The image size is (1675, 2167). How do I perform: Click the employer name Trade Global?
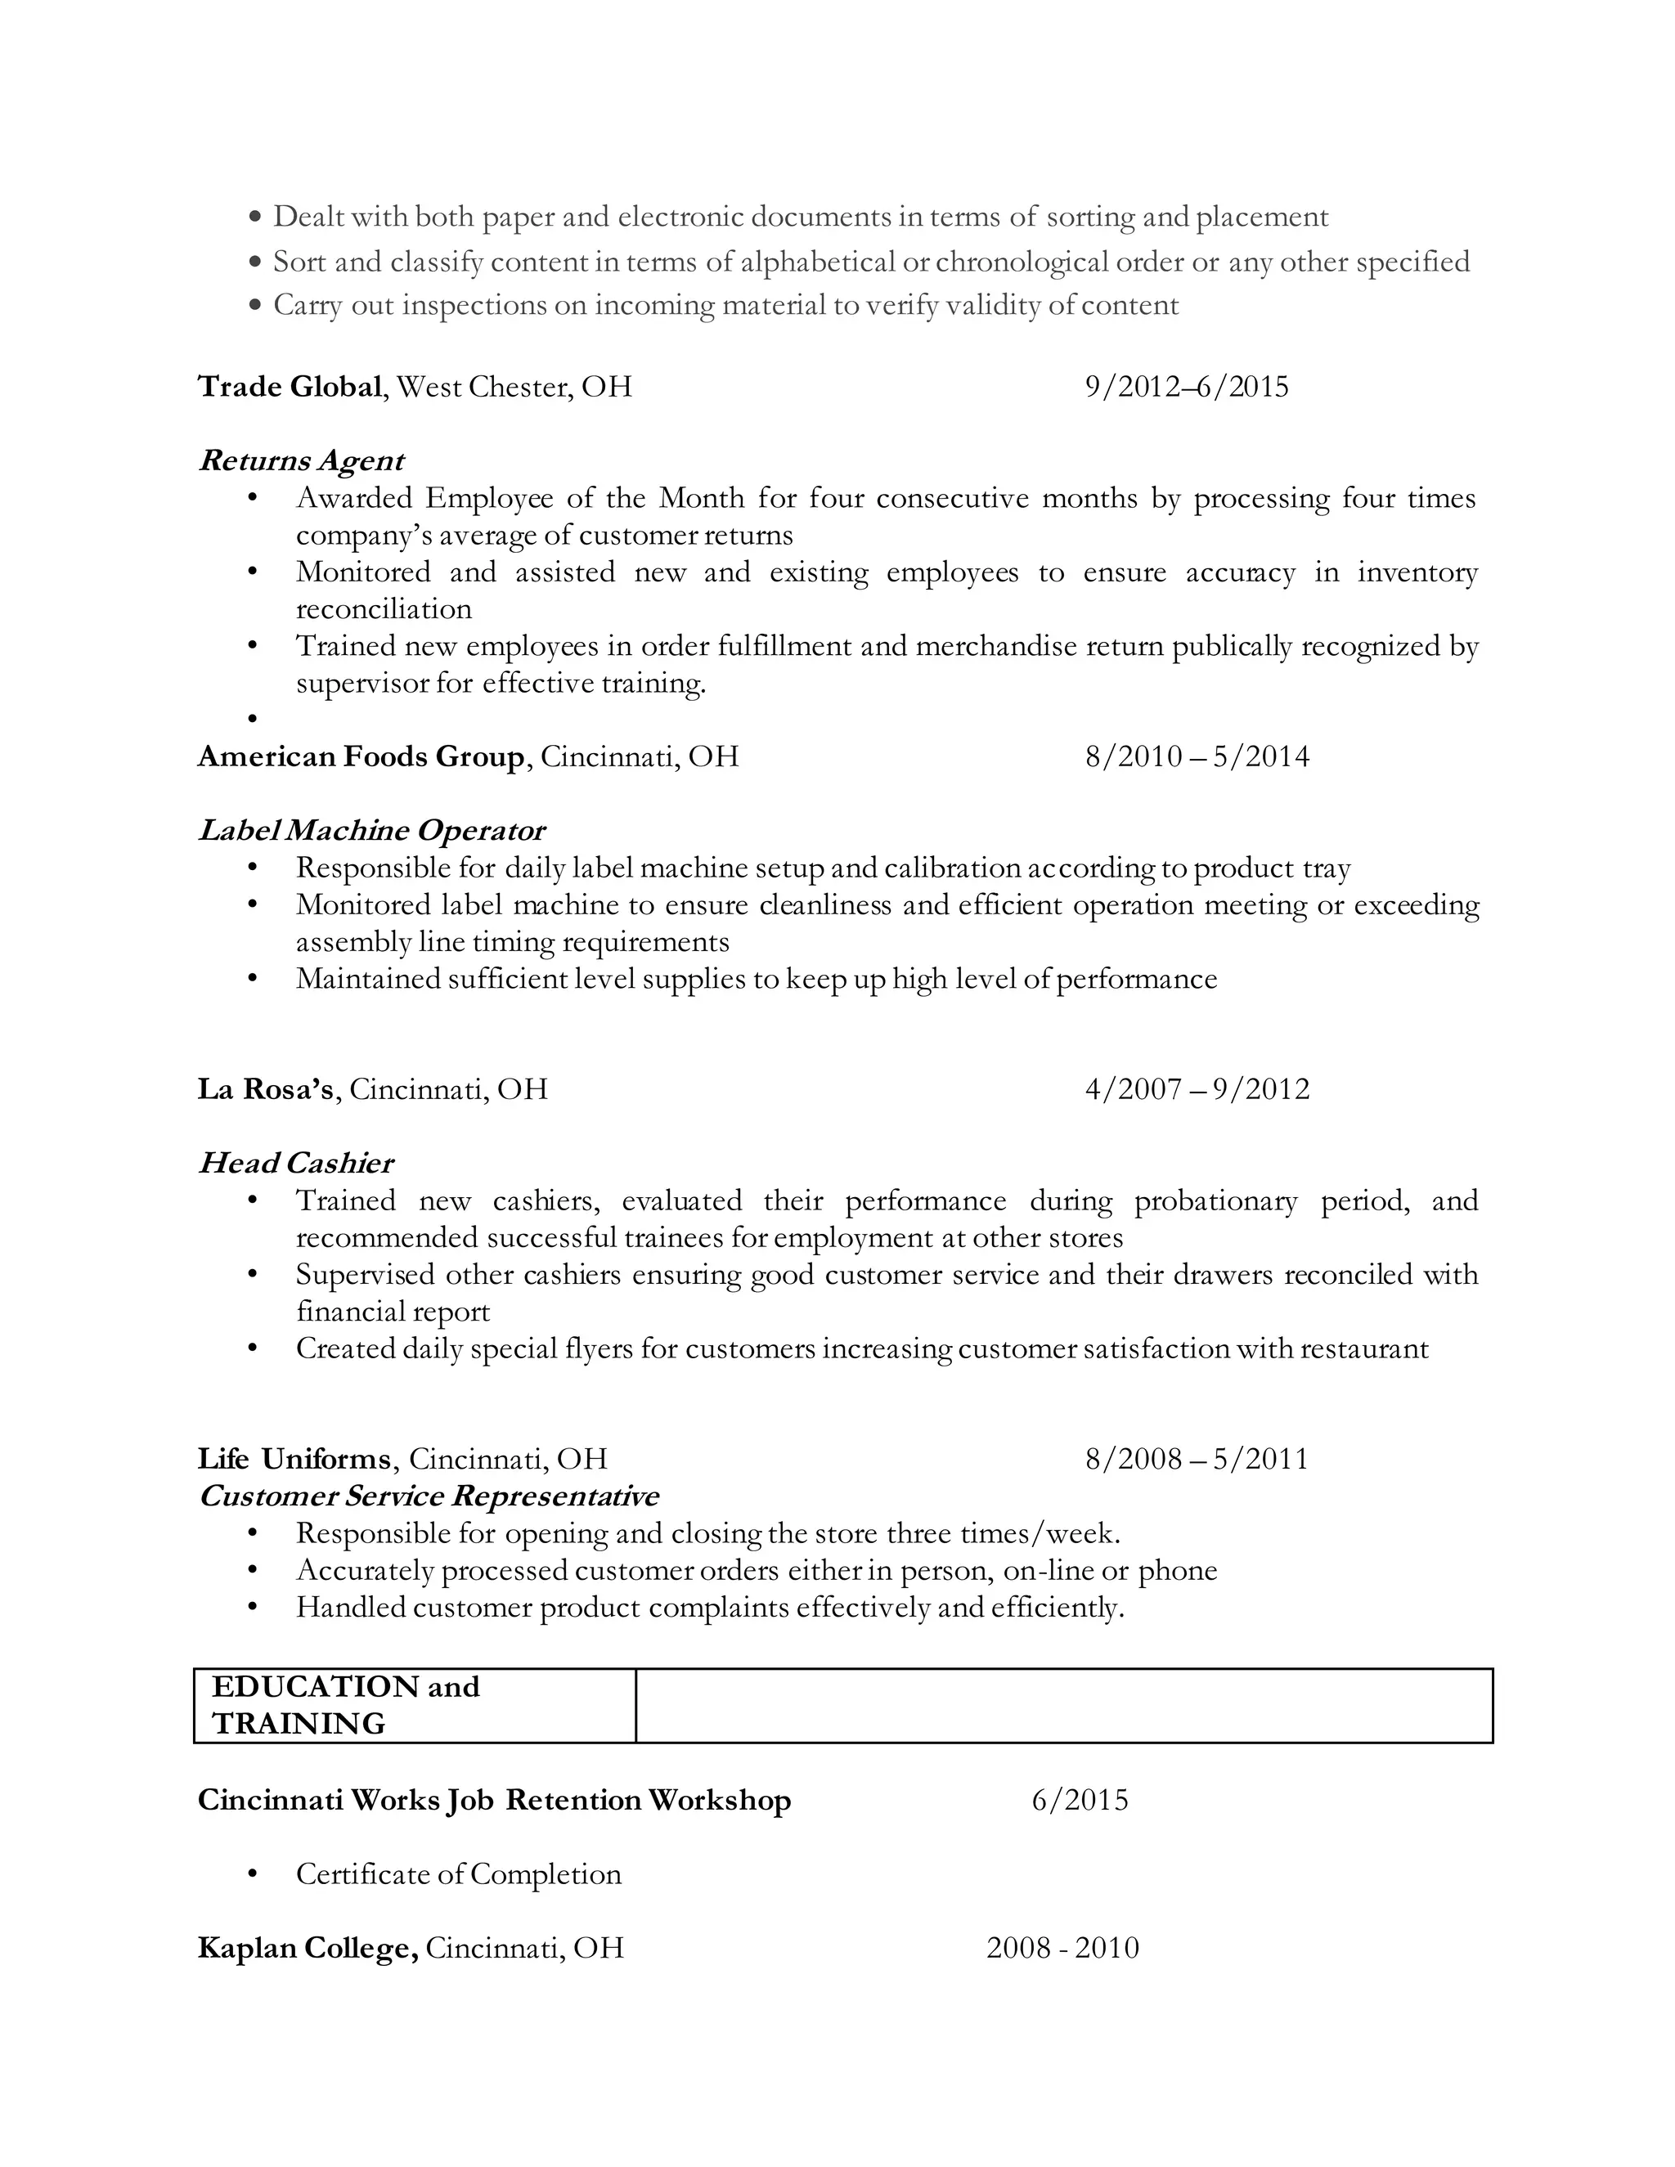pos(290,386)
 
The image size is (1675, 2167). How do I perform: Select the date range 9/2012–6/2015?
pos(1186,386)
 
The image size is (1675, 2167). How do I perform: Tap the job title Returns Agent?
pos(301,460)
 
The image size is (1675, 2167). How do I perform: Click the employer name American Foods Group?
pos(360,756)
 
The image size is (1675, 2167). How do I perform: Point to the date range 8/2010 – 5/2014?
pos(1197,756)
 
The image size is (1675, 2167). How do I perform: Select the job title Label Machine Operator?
pos(371,831)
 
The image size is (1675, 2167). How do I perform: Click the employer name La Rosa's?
pos(265,1088)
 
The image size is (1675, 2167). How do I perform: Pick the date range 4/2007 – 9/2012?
pos(1197,1088)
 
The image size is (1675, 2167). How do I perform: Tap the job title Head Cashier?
pos(296,1163)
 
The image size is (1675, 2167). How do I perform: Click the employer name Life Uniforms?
pos(294,1459)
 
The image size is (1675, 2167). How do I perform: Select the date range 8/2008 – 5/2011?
pos(1197,1459)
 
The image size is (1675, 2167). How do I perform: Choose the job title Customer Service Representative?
pos(429,1496)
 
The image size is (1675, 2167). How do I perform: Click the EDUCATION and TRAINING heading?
pos(345,1705)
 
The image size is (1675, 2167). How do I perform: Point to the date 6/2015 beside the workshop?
pos(1080,1800)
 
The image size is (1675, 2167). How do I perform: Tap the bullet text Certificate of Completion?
pos(459,1874)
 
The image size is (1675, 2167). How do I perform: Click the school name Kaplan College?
pos(307,1948)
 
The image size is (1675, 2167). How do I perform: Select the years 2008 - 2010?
pos(1062,1948)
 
